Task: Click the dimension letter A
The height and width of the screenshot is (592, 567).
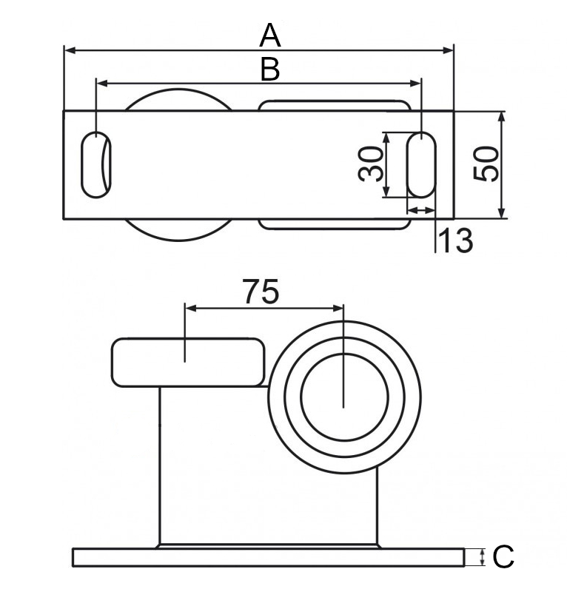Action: pos(270,35)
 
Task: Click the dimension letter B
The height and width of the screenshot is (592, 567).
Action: pos(270,70)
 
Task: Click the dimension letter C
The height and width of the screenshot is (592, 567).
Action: pos(503,556)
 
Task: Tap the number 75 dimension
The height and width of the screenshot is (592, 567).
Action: pos(261,291)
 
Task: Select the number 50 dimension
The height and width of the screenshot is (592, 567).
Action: pos(486,164)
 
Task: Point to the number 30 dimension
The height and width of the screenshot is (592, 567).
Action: pos(371,164)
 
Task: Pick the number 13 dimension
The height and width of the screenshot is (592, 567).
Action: pos(456,240)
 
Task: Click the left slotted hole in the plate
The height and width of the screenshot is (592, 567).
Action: pos(96,164)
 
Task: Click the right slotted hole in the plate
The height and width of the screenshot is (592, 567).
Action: pos(421,164)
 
